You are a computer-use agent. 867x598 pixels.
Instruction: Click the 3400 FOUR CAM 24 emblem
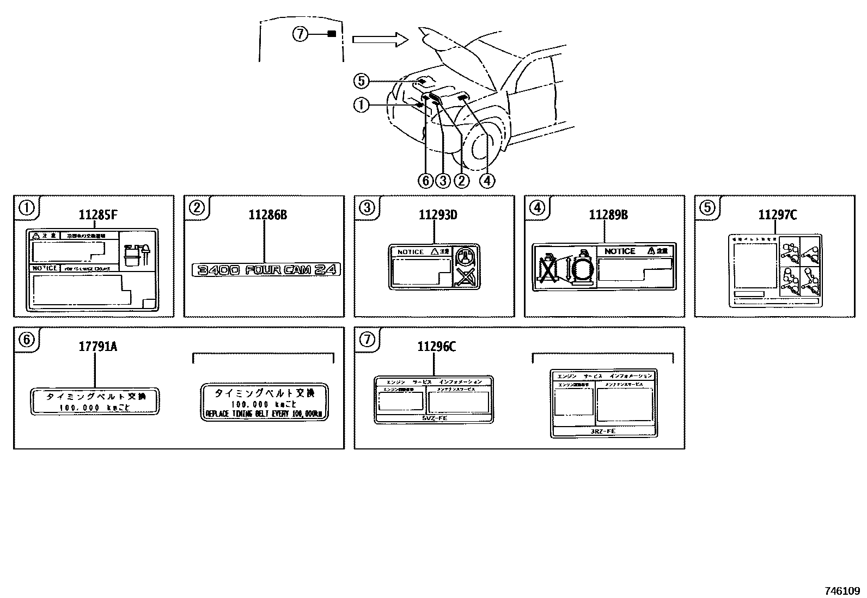tap(265, 269)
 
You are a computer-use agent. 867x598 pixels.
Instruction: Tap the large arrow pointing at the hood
tap(380, 39)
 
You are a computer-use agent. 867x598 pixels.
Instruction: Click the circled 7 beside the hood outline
tap(300, 34)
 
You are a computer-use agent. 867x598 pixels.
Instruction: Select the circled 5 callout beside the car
tap(361, 81)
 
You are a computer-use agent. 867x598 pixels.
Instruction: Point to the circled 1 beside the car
tap(361, 104)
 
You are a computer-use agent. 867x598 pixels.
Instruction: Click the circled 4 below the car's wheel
tap(487, 180)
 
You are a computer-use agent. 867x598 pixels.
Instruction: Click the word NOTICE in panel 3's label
tap(410, 252)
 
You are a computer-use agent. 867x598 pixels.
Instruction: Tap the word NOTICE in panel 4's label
tap(620, 251)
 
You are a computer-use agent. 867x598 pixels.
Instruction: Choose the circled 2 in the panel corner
tap(196, 207)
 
